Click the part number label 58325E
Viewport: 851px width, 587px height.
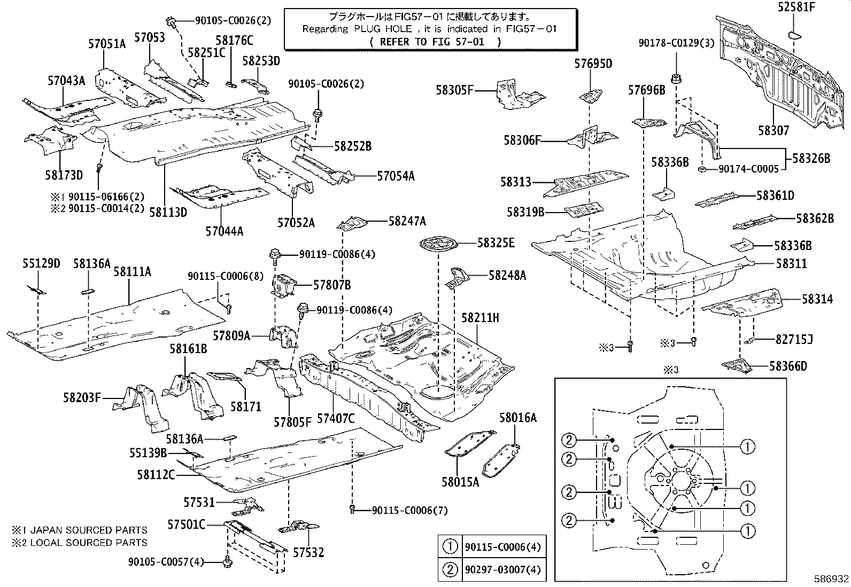coord(496,244)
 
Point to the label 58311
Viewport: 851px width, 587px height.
coord(792,264)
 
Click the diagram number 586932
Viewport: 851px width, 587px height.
coord(830,579)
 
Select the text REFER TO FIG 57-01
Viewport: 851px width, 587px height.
coord(436,42)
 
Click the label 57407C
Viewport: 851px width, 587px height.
coord(336,419)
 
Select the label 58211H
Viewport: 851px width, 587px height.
coord(480,318)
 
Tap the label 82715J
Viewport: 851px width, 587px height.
coord(794,339)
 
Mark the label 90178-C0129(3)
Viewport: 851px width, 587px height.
coord(676,43)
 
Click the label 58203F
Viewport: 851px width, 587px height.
coord(82,397)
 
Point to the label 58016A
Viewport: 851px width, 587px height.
coord(518,418)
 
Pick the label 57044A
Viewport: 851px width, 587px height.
coord(224,231)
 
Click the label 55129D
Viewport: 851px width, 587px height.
coord(41,263)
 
